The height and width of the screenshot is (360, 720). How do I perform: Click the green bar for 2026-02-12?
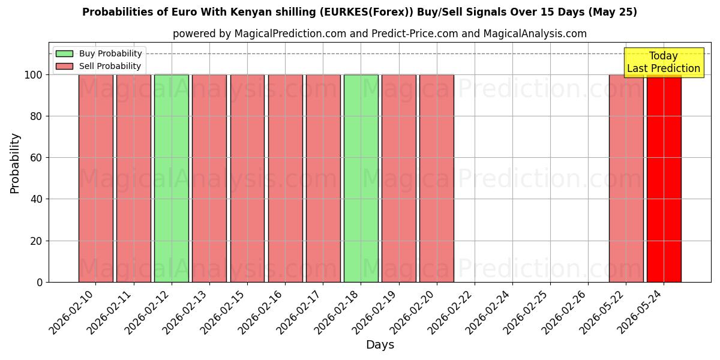(172, 178)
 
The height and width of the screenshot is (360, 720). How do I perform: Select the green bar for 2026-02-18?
(361, 178)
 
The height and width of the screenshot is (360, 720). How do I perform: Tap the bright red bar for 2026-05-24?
(664, 178)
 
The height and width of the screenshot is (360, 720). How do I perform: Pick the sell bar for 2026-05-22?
(626, 178)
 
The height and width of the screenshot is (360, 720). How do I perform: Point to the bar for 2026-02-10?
(96, 178)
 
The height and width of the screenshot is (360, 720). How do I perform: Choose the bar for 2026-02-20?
(437, 178)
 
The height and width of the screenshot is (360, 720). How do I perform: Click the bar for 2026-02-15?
(247, 178)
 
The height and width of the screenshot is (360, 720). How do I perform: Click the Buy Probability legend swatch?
(64, 53)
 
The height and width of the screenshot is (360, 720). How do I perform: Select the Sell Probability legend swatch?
(64, 66)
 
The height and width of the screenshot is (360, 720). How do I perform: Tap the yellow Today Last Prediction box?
(664, 62)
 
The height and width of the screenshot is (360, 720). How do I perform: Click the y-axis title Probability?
(15, 163)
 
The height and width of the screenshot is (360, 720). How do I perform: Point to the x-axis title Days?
(380, 345)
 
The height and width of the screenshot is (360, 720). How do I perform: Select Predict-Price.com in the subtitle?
(415, 34)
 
